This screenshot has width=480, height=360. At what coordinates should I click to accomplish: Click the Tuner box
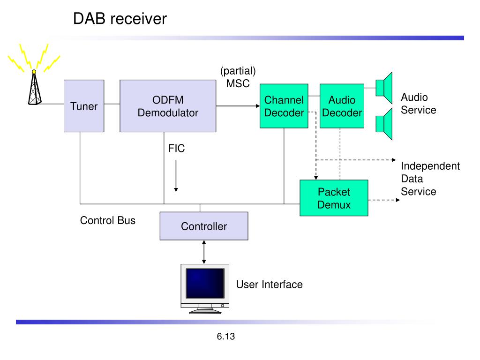click(84, 106)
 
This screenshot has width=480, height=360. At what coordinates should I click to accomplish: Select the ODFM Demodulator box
click(168, 106)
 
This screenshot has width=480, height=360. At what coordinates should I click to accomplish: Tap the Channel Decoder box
click(284, 106)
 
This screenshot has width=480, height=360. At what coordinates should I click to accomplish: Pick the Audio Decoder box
click(342, 106)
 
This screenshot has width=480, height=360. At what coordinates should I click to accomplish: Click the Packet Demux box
click(334, 198)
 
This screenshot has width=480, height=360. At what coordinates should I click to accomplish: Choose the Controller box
click(204, 226)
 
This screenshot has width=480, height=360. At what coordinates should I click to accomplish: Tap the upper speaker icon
click(384, 88)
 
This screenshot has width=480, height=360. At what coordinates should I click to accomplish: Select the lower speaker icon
click(384, 124)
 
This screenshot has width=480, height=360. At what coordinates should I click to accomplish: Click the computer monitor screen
click(205, 283)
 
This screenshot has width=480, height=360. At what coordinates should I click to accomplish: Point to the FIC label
click(176, 149)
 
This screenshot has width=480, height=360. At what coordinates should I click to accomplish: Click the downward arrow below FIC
click(176, 176)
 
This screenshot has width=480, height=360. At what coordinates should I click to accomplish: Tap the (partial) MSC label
click(238, 77)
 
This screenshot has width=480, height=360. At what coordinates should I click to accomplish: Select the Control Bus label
click(108, 220)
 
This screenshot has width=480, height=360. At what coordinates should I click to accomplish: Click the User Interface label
click(270, 285)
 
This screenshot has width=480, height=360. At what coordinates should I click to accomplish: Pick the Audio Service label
click(419, 104)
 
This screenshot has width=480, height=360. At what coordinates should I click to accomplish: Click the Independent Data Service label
click(430, 179)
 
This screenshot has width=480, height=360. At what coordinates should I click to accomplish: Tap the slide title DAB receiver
click(120, 18)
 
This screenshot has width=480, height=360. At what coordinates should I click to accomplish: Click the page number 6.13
click(226, 337)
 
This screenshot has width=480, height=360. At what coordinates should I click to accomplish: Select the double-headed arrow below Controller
click(204, 252)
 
